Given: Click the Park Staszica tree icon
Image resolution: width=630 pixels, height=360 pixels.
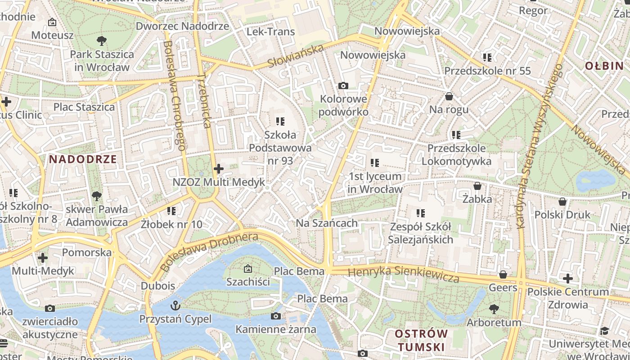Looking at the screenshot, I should pos(102,41).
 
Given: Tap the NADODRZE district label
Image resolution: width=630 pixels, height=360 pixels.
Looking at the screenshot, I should pos(83,159).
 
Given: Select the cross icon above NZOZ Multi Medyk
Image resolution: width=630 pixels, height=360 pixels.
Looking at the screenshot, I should pos(219,169).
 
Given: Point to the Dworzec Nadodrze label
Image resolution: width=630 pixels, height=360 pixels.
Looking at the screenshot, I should pos(182,26).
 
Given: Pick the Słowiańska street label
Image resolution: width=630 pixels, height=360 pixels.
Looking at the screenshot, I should pos(296,56).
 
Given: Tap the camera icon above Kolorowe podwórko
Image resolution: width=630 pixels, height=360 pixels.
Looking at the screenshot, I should pos(343,85).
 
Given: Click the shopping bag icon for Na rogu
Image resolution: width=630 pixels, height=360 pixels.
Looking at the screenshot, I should pos(449,96).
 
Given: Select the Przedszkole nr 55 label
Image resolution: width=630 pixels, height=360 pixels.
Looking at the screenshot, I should pos(487,71).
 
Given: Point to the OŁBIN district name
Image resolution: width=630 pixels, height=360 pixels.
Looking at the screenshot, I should pos(604,66).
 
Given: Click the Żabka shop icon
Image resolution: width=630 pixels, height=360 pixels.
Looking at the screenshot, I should pos(477,186).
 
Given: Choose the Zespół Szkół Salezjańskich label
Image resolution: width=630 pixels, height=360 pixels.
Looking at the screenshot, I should pos(420,233).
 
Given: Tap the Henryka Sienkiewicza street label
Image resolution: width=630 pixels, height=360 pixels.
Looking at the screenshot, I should pos(403,274).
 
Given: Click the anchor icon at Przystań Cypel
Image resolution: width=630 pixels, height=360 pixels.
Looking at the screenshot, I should pos(175,306).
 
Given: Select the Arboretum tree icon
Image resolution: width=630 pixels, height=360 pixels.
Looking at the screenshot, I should pos(494,309).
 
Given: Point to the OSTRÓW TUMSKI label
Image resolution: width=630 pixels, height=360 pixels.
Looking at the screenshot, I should pos(421,340).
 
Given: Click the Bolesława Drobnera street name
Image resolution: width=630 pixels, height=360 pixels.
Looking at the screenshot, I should pos(209,252).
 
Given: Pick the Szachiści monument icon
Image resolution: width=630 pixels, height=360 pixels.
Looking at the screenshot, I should pos(247,269).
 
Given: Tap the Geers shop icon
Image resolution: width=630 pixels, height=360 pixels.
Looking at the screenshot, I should pos(503,274).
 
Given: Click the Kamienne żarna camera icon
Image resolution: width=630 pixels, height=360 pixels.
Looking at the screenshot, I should pos(276,316).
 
